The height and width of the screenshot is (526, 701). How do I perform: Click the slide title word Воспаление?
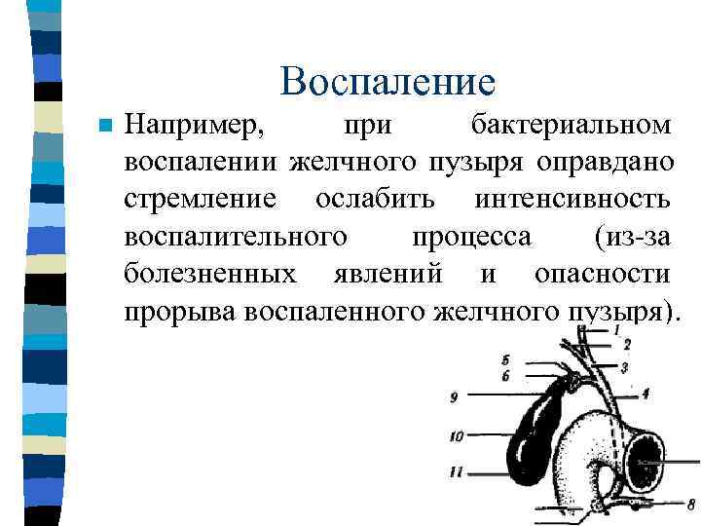click(x=387, y=82)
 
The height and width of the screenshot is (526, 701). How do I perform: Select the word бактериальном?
click(x=570, y=126)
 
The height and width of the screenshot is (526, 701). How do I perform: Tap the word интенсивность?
click(x=572, y=199)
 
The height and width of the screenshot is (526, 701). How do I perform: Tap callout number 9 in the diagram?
click(x=454, y=396)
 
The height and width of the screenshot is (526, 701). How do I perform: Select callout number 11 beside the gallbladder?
click(x=456, y=472)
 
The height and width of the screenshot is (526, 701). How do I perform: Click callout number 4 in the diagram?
click(x=646, y=394)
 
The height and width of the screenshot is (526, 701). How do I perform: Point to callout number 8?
click(x=690, y=505)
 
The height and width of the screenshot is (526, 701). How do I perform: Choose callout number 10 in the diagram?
click(x=456, y=437)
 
